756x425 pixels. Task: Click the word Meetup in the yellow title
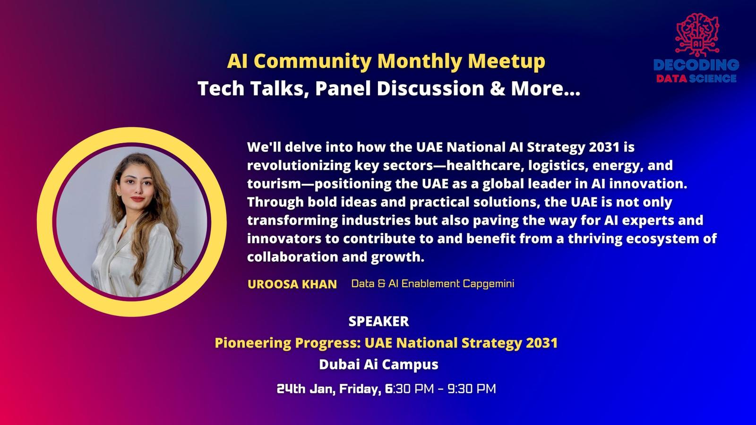coord(506,61)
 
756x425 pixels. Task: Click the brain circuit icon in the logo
coord(697,34)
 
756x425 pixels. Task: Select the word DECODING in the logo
coord(696,65)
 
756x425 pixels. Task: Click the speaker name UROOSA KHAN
coord(292,284)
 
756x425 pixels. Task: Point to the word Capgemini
coord(489,284)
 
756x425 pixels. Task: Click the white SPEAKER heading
coord(378,321)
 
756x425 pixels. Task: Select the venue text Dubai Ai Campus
coord(378,365)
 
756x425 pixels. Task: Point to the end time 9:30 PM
coord(472,389)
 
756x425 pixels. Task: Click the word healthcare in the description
coord(484,165)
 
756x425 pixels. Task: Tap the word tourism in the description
coord(274,184)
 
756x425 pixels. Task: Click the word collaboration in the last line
coord(292,257)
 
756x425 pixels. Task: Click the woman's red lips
coord(137,199)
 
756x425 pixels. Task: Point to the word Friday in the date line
coord(360,389)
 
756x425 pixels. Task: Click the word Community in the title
coord(312,61)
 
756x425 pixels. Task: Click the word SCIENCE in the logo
coord(713,78)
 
